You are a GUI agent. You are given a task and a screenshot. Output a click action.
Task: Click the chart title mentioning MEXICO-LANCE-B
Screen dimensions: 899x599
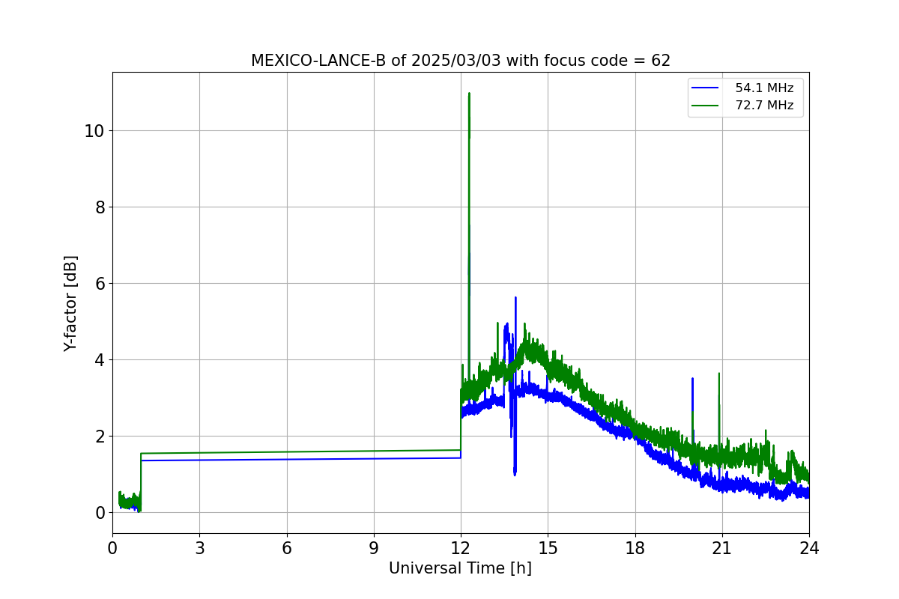click(x=460, y=61)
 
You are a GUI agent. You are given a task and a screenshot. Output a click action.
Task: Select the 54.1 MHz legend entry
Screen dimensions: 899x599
click(x=742, y=88)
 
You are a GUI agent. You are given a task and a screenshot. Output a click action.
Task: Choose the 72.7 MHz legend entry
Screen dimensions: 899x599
click(x=742, y=106)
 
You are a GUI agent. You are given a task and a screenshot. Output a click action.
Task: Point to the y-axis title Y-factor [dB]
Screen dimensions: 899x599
click(x=70, y=304)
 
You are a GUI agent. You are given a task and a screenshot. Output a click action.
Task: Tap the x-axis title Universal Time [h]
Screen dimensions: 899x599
click(x=460, y=568)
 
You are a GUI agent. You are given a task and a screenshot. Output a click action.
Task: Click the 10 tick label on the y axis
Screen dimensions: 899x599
click(x=94, y=131)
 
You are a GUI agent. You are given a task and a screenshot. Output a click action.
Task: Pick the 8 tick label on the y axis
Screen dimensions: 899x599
click(x=100, y=207)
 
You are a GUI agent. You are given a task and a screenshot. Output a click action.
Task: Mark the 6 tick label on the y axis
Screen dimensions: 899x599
click(x=100, y=284)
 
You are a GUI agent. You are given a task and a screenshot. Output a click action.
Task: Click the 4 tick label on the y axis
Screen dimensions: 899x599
click(x=100, y=360)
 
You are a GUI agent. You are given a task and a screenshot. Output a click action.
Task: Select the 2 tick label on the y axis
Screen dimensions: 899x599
click(x=100, y=437)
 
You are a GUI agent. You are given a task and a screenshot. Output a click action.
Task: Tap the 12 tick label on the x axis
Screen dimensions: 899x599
click(x=461, y=548)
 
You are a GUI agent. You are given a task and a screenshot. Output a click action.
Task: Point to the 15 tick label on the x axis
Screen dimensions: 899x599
click(x=548, y=548)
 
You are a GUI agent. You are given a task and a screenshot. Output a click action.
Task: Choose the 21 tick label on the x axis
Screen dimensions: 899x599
click(x=722, y=548)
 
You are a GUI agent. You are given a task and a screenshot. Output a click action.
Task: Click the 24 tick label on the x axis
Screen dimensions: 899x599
click(x=809, y=548)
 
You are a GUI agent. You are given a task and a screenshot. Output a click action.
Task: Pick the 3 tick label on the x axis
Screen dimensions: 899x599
click(x=200, y=548)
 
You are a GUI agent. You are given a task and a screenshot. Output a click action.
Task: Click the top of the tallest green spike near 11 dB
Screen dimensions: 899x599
click(x=469, y=93)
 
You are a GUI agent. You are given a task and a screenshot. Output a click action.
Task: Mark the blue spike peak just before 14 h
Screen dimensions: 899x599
click(x=515, y=297)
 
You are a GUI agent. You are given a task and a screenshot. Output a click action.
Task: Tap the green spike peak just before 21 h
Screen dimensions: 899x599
click(x=718, y=373)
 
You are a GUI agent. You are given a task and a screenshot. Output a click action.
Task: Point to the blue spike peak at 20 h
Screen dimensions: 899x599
click(x=692, y=378)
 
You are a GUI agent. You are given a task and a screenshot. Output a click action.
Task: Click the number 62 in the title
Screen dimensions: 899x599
click(x=661, y=61)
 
